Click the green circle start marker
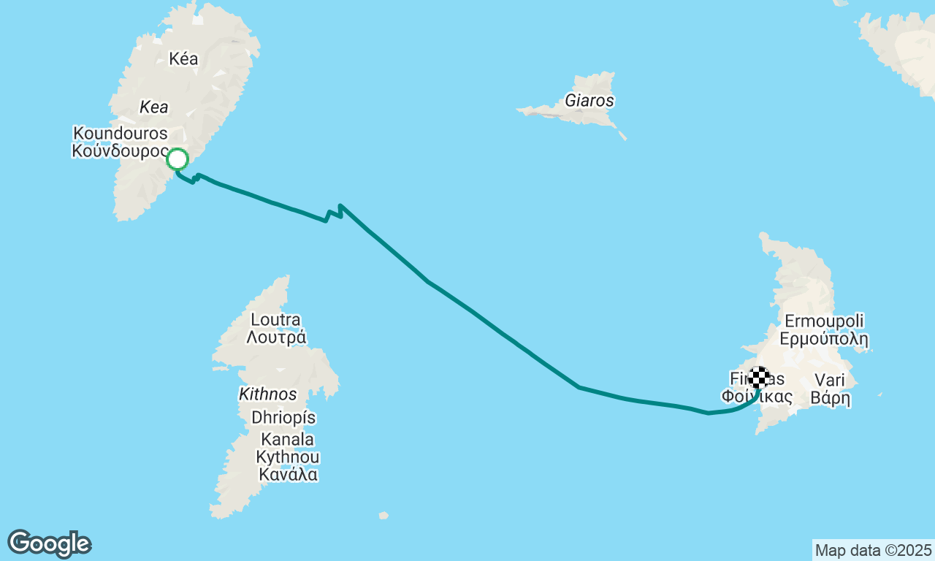pos(178,159)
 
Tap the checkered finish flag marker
pos(760,378)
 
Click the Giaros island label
pos(589,101)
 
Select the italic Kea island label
pos(154,107)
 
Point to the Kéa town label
pos(183,59)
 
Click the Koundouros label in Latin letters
pos(121,134)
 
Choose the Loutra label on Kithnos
pos(275,320)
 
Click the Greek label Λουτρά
pos(275,337)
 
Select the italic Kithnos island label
pos(268,394)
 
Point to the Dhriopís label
pos(283,418)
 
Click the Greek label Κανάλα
pos(288,475)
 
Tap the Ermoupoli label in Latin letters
pos(824,321)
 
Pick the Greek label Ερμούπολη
pos(824,339)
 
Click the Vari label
pos(829,380)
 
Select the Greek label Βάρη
pos(831,399)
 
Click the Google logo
pos(49,543)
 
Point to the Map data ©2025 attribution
pos(873,550)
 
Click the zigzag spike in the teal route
pos(340,210)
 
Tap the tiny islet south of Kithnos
pos(383,516)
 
